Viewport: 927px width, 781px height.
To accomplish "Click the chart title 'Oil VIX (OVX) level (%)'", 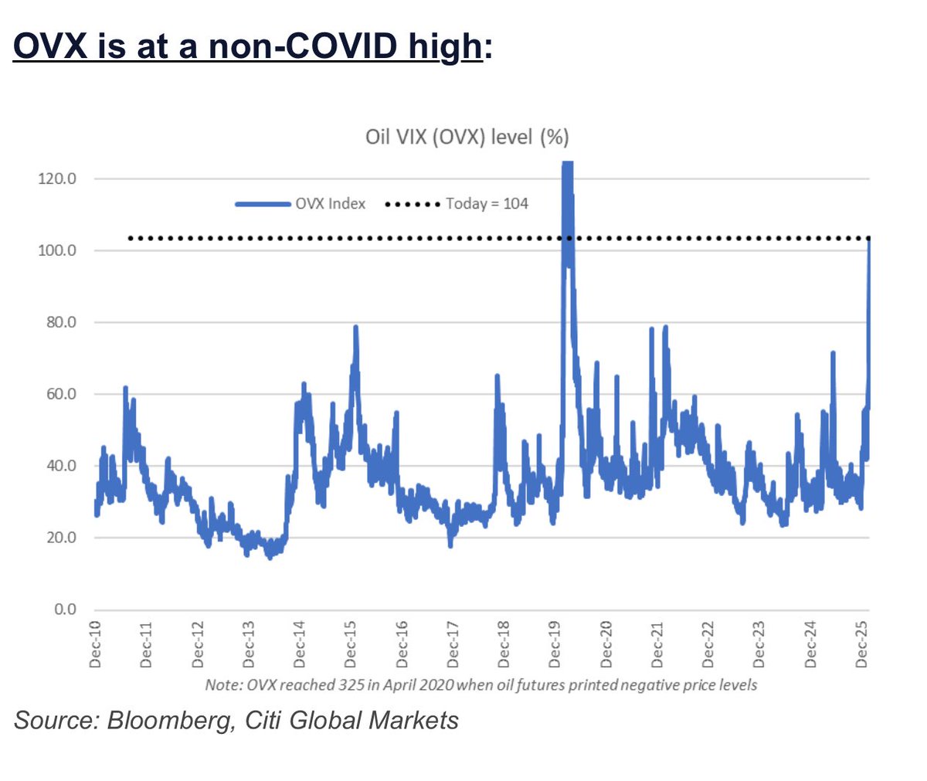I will (x=467, y=138).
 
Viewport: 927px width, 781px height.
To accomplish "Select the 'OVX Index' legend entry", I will (x=330, y=204).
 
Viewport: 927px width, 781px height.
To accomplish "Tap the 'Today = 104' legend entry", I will (x=487, y=204).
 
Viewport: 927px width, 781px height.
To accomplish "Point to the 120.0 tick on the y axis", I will (x=57, y=178).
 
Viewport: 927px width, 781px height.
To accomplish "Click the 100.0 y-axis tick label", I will (x=57, y=250).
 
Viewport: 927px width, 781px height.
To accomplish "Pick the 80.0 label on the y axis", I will (x=60, y=322).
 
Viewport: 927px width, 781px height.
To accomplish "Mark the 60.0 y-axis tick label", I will (x=60, y=394).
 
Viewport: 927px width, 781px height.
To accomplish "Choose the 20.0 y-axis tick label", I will (x=60, y=538).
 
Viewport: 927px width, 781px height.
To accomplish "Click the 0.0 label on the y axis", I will (x=65, y=610).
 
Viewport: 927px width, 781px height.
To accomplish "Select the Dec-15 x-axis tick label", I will (x=351, y=643).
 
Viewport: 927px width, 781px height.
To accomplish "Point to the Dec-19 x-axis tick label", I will (x=555, y=643).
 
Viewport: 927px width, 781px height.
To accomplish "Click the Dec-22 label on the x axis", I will (x=708, y=643).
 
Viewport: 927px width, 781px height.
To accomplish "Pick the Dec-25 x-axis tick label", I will (x=861, y=643).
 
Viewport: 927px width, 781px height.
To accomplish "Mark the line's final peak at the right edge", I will (x=869, y=240).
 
